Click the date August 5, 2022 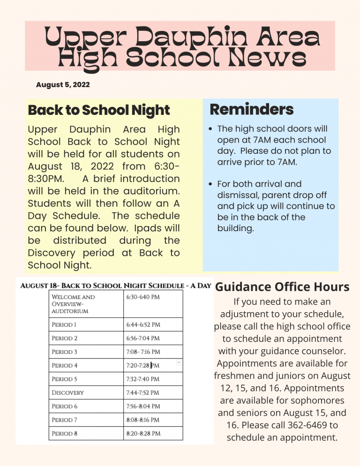(63, 85)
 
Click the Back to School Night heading (98, 111)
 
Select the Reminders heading (251, 110)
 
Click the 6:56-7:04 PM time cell (143, 338)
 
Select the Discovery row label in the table (67, 393)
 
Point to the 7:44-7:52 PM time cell (143, 393)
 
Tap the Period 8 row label (65, 434)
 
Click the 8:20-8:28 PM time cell (143, 434)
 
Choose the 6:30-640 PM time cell (142, 297)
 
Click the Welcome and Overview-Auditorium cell (73, 304)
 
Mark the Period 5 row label (65, 379)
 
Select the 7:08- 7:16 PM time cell (143, 352)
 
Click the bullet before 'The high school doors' (212, 129)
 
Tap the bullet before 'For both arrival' (212, 184)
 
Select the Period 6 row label (65, 406)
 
